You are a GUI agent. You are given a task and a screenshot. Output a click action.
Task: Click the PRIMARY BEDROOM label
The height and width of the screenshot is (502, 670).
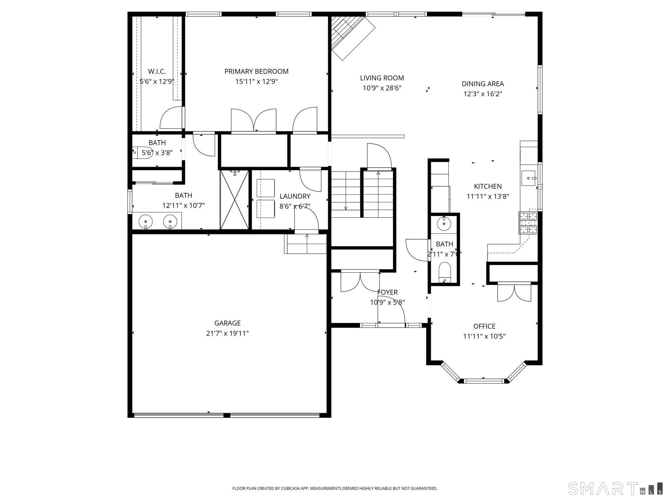coord(256,72)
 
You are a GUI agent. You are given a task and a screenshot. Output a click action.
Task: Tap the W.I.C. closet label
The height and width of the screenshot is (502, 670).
coord(157,72)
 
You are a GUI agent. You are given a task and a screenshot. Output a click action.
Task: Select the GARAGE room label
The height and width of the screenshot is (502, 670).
coord(227,323)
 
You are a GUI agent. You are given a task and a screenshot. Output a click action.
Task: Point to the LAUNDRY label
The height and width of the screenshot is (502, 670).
coord(295,196)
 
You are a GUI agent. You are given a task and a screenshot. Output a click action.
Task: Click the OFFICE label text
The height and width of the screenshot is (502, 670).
coord(484,326)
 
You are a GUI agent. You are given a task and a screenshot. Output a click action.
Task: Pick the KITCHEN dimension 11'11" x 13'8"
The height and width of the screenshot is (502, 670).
coord(488,197)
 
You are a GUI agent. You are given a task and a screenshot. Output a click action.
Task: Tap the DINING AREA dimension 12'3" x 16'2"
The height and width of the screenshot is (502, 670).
coord(483,94)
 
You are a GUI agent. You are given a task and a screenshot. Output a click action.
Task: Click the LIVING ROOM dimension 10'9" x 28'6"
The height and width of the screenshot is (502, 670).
coord(382,88)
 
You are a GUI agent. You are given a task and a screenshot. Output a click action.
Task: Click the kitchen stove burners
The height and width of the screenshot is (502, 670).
coord(528,223)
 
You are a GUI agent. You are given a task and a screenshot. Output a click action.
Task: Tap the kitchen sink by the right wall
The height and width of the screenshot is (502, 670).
coord(528,178)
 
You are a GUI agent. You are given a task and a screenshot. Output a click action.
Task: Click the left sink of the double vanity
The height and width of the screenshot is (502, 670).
coord(146,222)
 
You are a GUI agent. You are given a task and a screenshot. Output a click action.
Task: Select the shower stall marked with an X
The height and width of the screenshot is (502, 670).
coord(234,199)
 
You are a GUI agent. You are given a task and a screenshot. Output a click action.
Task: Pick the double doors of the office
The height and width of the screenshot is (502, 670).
coord(514,293)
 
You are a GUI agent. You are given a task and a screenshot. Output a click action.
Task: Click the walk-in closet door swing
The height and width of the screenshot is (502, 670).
coord(171,118)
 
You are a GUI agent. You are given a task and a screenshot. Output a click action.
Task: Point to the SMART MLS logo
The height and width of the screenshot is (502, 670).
coord(615,488)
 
